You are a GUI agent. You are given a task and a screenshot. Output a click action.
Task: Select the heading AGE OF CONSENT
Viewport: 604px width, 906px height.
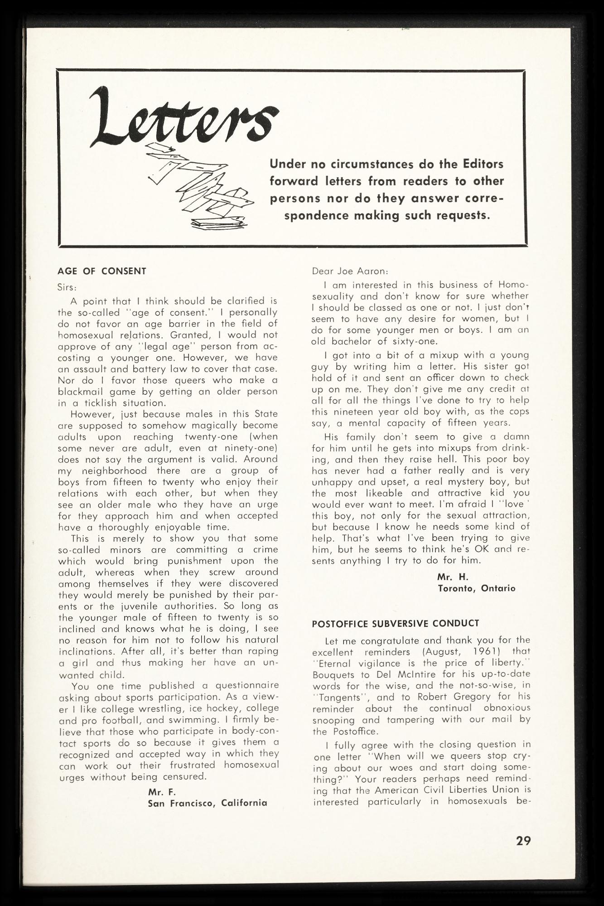[102, 271]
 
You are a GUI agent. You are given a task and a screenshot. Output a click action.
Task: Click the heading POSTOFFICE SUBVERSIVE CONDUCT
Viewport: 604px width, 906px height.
[395, 623]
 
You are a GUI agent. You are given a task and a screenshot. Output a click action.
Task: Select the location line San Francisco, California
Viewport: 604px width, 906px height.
[208, 803]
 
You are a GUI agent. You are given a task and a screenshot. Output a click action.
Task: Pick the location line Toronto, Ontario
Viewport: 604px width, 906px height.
[476, 588]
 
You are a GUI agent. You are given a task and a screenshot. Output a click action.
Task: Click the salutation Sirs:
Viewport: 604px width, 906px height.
[67, 287]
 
